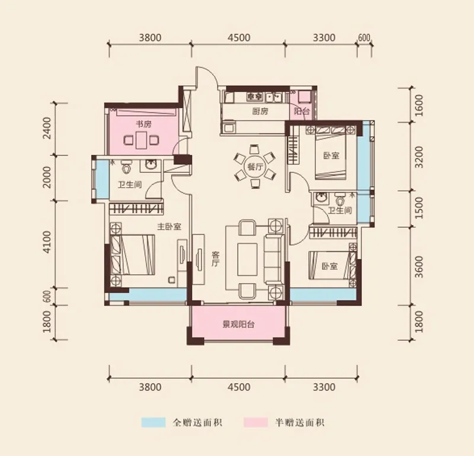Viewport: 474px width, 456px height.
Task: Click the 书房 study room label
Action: click(143, 124)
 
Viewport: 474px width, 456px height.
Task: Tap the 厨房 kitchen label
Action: click(260, 111)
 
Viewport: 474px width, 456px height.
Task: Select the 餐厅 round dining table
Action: click(255, 166)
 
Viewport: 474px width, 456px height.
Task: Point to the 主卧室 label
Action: click(169, 226)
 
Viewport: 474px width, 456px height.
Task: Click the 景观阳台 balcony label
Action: click(239, 325)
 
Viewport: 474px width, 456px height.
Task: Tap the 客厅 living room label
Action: click(215, 259)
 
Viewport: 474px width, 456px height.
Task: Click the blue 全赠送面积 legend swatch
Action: click(153, 422)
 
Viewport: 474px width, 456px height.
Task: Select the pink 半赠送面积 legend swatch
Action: click(256, 422)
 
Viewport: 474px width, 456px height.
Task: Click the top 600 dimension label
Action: click(364, 38)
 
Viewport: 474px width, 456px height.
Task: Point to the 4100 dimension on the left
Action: click(47, 242)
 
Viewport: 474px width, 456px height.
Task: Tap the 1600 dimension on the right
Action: click(419, 105)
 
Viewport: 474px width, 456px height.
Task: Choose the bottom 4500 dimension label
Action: click(239, 387)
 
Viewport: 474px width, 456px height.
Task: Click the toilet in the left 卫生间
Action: click(127, 166)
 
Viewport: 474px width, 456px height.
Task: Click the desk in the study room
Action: click(142, 140)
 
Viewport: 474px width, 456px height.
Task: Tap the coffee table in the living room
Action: click(247, 259)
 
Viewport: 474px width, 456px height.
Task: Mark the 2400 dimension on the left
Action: click(47, 128)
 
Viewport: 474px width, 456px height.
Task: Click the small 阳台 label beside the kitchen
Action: click(302, 111)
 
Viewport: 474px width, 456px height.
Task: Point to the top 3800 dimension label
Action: click(150, 38)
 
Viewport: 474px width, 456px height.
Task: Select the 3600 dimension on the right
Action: click(419, 267)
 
